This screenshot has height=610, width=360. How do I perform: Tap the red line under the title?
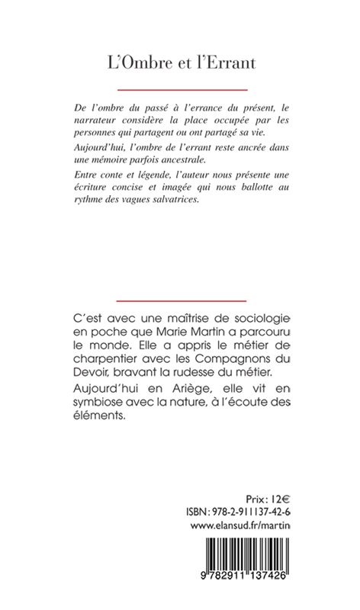pyautogui.click(x=180, y=91)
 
